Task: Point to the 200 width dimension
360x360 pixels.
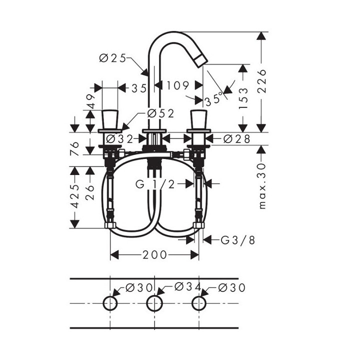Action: pos(154,255)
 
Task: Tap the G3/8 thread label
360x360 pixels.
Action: pos(238,240)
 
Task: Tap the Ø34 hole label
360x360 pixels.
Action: pos(187,287)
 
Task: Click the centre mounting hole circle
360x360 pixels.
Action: pos(154,303)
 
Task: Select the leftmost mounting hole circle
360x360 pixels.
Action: pos(110,303)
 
